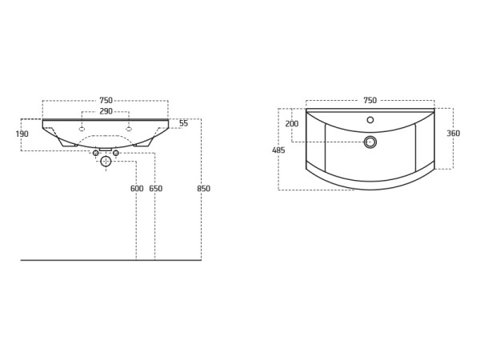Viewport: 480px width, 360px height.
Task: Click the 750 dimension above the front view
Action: pos(106,101)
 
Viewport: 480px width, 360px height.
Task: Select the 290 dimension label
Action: pos(106,111)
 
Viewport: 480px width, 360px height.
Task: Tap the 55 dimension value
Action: pos(184,123)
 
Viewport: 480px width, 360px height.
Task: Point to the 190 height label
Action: pos(22,134)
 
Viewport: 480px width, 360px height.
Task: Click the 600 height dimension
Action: pos(137,189)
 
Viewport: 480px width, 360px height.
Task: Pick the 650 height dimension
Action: pos(156,189)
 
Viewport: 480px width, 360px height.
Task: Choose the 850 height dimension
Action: pos(203,189)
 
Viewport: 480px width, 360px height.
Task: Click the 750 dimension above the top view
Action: pos(370,101)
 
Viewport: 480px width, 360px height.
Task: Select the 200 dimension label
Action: pos(292,124)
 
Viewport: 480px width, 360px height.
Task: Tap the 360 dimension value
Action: pos(453,134)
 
